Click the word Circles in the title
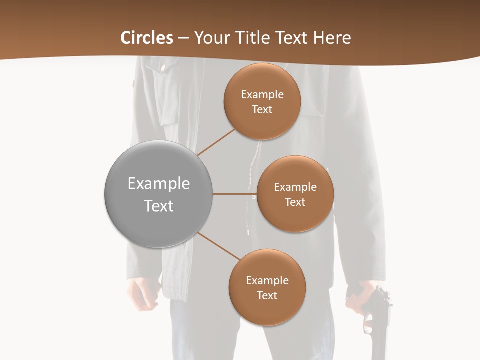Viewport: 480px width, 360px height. click(x=147, y=38)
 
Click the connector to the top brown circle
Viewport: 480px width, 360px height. click(x=216, y=143)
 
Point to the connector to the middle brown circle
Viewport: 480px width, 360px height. click(x=235, y=194)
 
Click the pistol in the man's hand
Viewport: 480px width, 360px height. click(x=376, y=320)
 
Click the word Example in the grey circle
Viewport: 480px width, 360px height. click(x=159, y=184)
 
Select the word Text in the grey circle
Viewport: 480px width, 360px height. click(x=159, y=206)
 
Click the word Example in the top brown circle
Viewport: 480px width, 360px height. click(x=262, y=95)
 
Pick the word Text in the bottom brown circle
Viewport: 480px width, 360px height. click(x=267, y=295)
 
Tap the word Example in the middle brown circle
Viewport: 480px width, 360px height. click(x=295, y=187)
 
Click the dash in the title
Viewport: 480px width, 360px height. click(x=183, y=38)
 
